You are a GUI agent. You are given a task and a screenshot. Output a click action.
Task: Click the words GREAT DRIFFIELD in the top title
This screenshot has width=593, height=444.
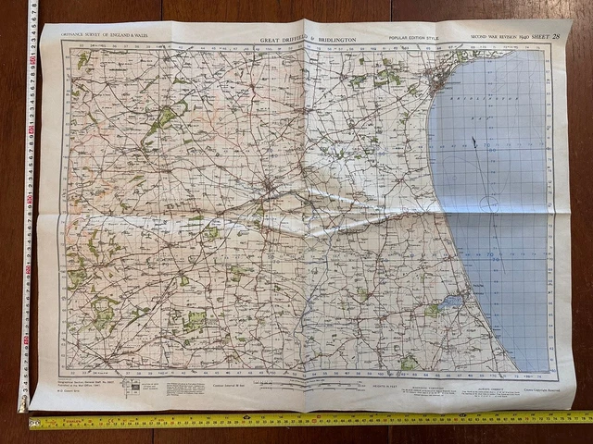coord(286,40)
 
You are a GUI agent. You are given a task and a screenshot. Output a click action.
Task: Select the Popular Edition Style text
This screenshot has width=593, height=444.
coord(414,38)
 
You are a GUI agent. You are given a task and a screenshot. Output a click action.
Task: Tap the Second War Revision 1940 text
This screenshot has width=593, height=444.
coord(500,37)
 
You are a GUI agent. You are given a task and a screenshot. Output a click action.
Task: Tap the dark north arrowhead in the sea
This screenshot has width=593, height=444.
coord(473,143)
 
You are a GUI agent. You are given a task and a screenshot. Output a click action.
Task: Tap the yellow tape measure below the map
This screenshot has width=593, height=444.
coord(306,421)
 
